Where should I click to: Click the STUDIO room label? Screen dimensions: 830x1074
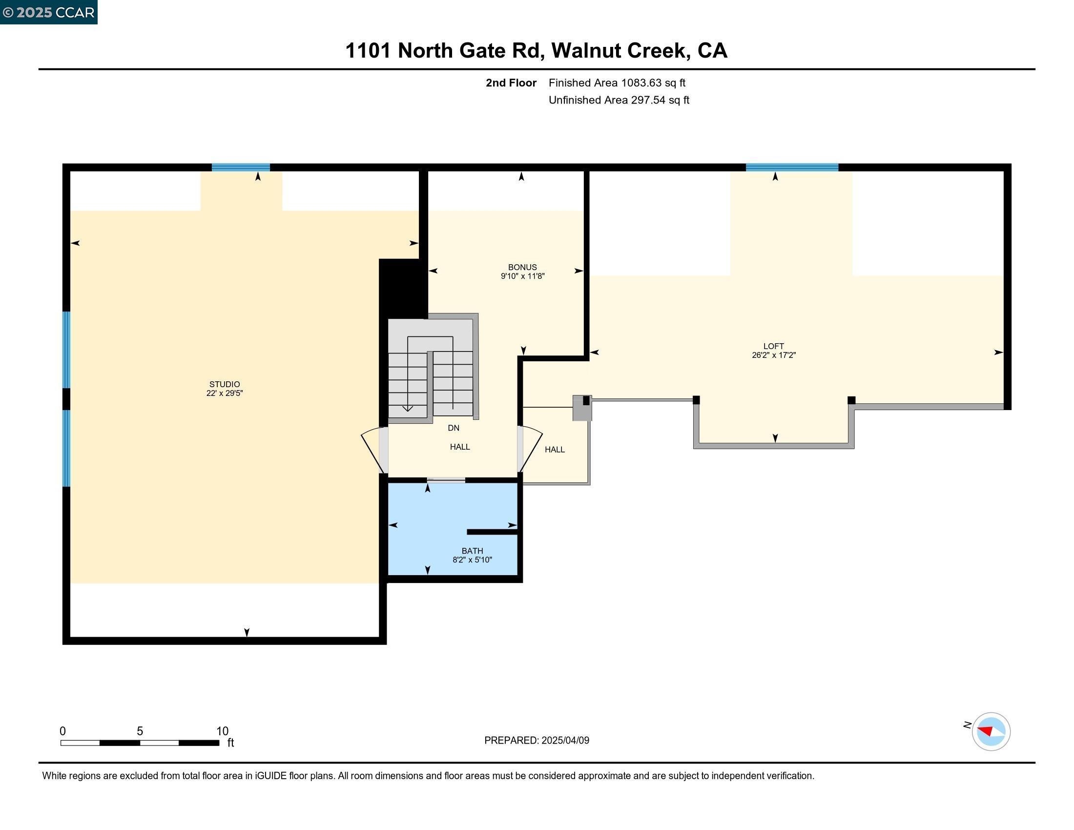tap(224, 384)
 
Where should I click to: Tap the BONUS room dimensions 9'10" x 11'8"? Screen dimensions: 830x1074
tap(522, 276)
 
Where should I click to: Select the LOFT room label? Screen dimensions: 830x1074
tap(773, 346)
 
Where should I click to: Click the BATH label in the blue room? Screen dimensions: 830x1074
tap(472, 551)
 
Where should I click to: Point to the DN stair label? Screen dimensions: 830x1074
tap(454, 428)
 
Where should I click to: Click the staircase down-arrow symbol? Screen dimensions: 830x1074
tap(407, 408)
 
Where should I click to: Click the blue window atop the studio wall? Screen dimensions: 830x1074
tap(241, 167)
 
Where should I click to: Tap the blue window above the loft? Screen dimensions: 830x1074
tap(791, 167)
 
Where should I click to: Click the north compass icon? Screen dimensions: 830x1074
tap(991, 731)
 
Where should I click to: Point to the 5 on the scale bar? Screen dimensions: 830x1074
tap(140, 731)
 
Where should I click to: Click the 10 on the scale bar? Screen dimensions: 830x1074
tap(222, 731)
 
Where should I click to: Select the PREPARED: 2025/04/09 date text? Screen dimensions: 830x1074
tap(537, 741)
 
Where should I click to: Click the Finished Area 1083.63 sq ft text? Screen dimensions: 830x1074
tap(617, 83)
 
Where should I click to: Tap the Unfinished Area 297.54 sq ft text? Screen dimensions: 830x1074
tap(619, 100)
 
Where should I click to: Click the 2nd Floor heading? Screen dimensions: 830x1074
tap(511, 83)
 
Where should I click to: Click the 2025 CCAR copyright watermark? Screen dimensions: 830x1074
tap(49, 12)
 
